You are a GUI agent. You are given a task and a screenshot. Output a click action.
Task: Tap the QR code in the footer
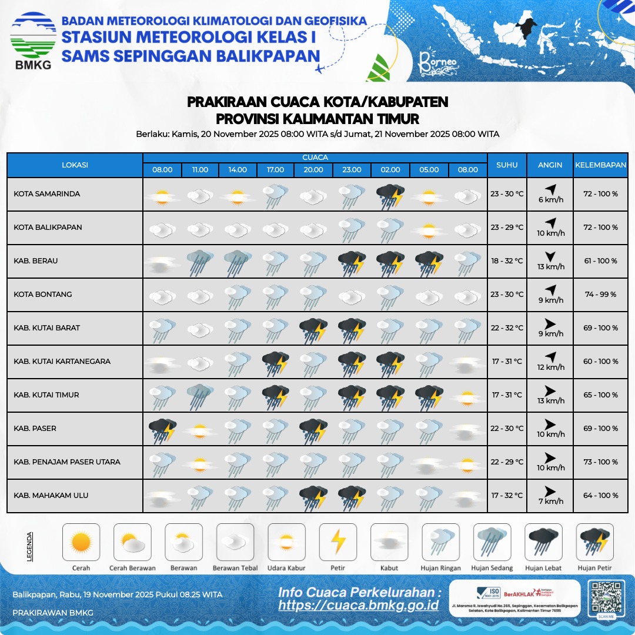[605, 598]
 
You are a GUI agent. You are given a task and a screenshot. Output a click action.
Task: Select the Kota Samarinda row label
[47, 194]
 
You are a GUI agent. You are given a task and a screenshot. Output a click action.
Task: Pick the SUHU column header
[507, 165]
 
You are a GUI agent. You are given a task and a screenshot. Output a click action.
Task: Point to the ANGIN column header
[550, 165]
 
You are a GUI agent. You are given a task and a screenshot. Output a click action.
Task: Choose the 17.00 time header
[275, 170]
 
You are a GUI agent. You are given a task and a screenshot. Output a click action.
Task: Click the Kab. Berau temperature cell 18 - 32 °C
[507, 261]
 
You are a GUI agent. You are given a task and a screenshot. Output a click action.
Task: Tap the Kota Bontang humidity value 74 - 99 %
[600, 295]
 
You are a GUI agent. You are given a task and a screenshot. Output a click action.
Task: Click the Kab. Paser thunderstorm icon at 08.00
[162, 429]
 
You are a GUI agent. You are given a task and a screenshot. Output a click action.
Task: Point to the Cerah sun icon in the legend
[81, 542]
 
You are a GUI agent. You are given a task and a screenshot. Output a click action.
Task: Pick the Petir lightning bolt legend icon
[338, 542]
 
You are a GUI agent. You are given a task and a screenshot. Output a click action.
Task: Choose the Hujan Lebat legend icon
[543, 542]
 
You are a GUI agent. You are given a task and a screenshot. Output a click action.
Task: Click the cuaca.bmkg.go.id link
[359, 605]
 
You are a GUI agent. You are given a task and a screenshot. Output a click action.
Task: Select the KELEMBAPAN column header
[600, 165]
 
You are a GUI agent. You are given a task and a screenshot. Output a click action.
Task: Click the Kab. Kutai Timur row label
[46, 395]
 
